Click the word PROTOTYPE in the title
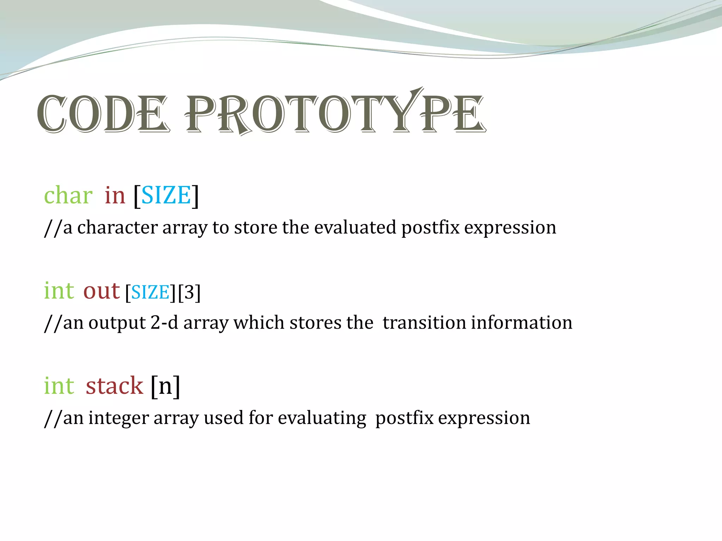[x=335, y=113]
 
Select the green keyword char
[x=68, y=195]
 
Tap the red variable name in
[x=115, y=195]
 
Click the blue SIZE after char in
[x=166, y=195]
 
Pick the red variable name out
[x=102, y=291]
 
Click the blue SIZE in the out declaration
[x=151, y=293]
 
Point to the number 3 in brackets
[x=189, y=292]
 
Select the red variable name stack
[x=114, y=386]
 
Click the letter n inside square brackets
[x=165, y=387]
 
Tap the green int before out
[x=59, y=291]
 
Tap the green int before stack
[x=59, y=386]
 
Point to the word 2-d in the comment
[x=164, y=323]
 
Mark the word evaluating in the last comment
[x=322, y=418]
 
